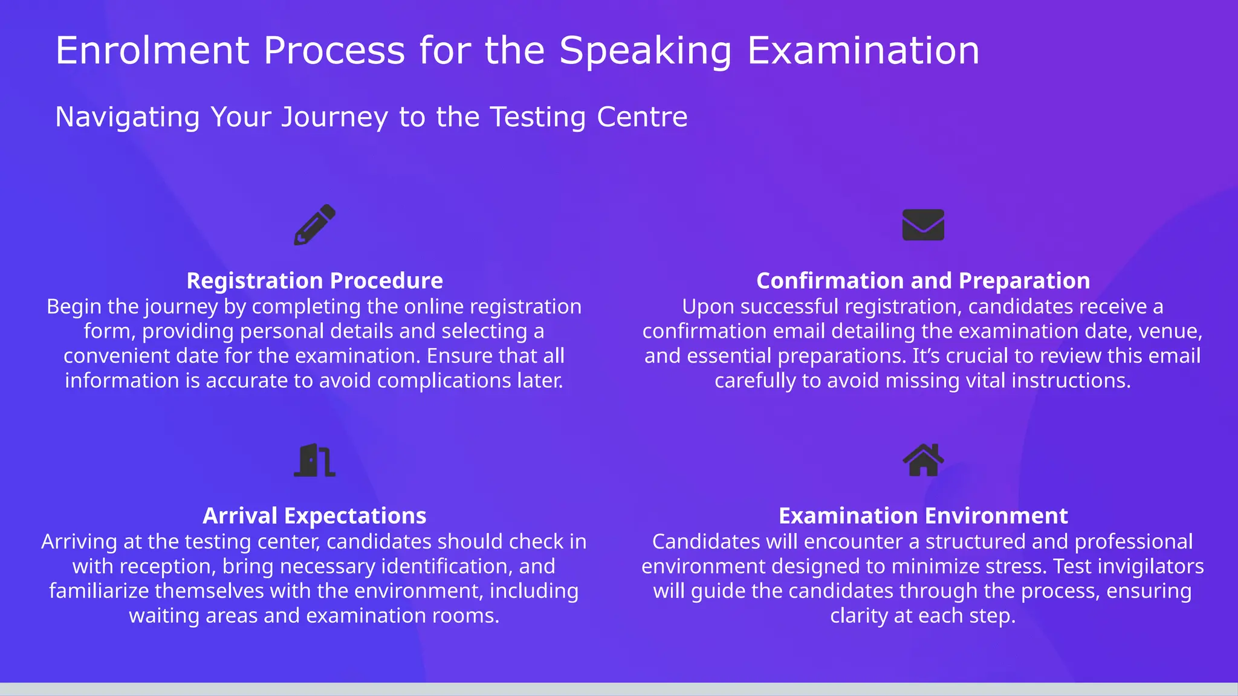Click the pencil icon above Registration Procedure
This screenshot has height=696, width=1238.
click(x=314, y=225)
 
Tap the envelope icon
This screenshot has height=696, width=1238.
click(x=923, y=225)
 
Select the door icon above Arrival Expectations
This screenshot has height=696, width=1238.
click(x=314, y=460)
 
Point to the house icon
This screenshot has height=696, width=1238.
click(x=923, y=460)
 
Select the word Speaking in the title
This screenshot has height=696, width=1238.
click(x=645, y=51)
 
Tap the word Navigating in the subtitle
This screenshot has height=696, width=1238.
click(x=128, y=117)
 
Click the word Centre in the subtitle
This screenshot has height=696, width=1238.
click(x=642, y=117)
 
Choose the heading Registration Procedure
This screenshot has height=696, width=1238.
click(x=314, y=281)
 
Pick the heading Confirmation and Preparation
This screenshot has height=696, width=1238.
click(x=923, y=281)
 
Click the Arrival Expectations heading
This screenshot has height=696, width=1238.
click(x=314, y=516)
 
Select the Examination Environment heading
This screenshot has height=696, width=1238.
click(x=923, y=516)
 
